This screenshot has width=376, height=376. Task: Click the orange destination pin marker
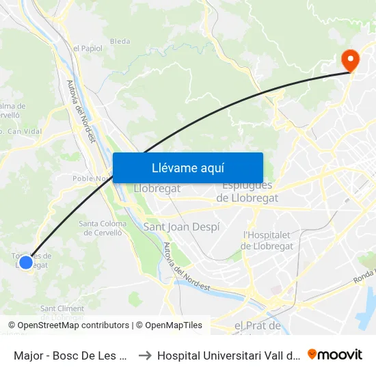tap(350, 60)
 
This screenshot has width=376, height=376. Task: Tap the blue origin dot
tap(26, 262)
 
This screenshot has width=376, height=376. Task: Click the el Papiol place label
tap(87, 48)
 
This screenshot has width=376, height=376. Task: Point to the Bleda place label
tap(120, 41)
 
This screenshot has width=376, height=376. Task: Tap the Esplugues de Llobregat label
tap(247, 191)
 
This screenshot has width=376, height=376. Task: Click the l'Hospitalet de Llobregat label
tap(268, 241)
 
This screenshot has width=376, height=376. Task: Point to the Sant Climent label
tap(62, 309)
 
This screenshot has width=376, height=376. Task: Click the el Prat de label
tap(257, 325)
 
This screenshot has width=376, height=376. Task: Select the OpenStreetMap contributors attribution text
tap(69, 325)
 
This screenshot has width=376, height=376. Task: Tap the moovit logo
tap(335, 355)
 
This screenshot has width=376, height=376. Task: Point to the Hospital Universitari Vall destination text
tap(228, 355)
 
